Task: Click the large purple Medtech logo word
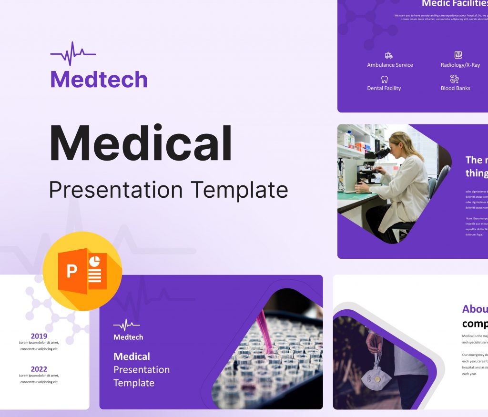[x=99, y=79]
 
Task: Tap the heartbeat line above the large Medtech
[x=72, y=53]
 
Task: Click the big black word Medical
[x=141, y=144]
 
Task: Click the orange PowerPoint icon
[x=82, y=271]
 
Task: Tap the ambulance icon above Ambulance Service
[x=389, y=55]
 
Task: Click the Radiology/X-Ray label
[x=460, y=65]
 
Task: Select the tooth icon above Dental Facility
[x=384, y=80]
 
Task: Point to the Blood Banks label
[x=455, y=88]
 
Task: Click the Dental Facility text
[x=384, y=88]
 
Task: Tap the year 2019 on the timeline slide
[x=39, y=336]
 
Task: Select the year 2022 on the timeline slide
[x=39, y=369]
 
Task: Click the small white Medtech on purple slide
[x=128, y=337]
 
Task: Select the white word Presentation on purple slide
[x=142, y=369]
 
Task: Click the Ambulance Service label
[x=390, y=65]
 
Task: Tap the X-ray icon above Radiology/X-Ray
[x=458, y=55]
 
